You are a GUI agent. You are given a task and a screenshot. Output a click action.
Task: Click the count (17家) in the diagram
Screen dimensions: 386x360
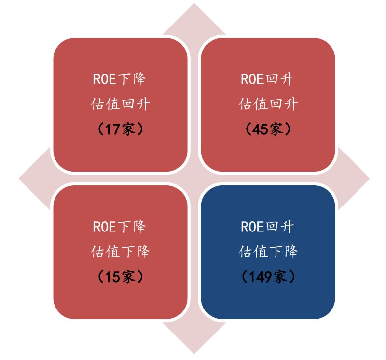pos(120,129)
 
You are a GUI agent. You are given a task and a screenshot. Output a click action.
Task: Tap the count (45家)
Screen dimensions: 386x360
pos(268,129)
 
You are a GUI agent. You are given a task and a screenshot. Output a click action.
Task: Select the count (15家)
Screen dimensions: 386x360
pos(120,277)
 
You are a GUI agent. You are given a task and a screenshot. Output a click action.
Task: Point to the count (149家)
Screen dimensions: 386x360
pos(268,277)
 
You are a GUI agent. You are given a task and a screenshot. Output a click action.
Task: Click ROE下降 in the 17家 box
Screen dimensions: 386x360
pos(120,79)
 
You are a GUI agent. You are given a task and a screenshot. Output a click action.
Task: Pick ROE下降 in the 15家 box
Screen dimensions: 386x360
pos(120,227)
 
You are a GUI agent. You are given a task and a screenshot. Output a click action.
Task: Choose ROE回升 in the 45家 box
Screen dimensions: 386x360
pos(268,79)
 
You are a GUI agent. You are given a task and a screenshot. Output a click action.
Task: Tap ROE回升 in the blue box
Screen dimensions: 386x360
pos(268,227)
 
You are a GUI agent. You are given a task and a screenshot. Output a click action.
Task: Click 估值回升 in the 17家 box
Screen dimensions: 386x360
pos(120,104)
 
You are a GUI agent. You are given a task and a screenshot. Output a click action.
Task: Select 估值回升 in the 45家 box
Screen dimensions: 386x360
pos(268,104)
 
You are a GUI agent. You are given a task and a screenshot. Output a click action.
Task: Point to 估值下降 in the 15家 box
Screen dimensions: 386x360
pos(120,252)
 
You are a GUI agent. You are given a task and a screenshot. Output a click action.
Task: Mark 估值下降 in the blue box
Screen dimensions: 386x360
pos(268,252)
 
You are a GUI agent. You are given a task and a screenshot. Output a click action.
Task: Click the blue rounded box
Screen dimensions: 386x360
pos(268,299)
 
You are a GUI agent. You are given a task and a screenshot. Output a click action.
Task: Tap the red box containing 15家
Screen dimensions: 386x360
pos(120,299)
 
